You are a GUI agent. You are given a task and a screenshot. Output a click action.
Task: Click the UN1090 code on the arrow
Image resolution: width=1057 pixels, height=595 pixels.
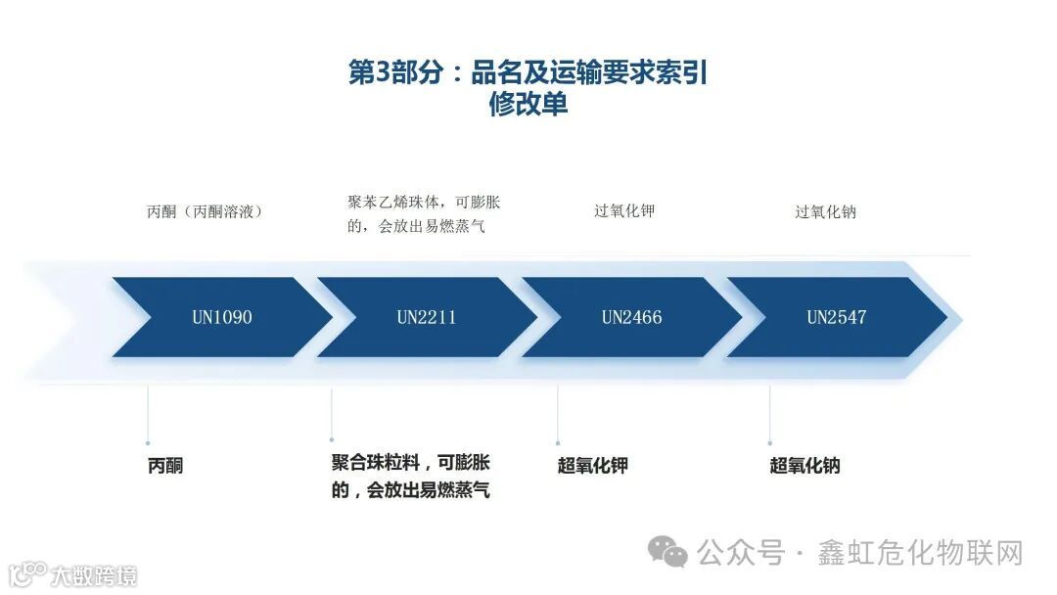(221, 317)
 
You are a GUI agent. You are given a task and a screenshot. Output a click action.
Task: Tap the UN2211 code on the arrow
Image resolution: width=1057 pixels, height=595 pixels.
(426, 317)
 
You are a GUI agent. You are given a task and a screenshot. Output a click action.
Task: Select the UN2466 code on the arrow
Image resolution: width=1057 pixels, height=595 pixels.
(631, 317)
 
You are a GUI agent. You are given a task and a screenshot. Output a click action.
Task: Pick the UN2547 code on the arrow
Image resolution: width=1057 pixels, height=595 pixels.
(836, 317)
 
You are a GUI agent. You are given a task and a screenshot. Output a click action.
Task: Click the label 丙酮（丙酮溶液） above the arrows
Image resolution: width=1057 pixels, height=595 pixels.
(204, 210)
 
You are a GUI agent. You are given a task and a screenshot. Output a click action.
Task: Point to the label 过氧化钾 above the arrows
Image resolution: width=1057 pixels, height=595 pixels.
(623, 210)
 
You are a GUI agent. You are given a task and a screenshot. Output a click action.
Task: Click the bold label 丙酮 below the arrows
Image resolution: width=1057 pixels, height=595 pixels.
(165, 466)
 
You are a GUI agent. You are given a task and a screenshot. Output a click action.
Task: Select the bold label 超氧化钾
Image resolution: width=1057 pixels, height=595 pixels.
(592, 466)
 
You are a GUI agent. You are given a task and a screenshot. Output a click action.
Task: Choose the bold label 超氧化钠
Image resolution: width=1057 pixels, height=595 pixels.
(804, 466)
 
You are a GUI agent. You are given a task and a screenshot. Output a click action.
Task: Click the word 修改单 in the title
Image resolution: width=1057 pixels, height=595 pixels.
(528, 105)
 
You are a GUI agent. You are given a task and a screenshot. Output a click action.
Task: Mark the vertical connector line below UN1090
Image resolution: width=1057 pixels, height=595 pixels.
(148, 415)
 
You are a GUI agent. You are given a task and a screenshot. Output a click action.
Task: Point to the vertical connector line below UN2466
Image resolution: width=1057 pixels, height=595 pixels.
(558, 415)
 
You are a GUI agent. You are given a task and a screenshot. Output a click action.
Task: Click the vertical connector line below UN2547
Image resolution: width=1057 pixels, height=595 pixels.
(769, 415)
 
